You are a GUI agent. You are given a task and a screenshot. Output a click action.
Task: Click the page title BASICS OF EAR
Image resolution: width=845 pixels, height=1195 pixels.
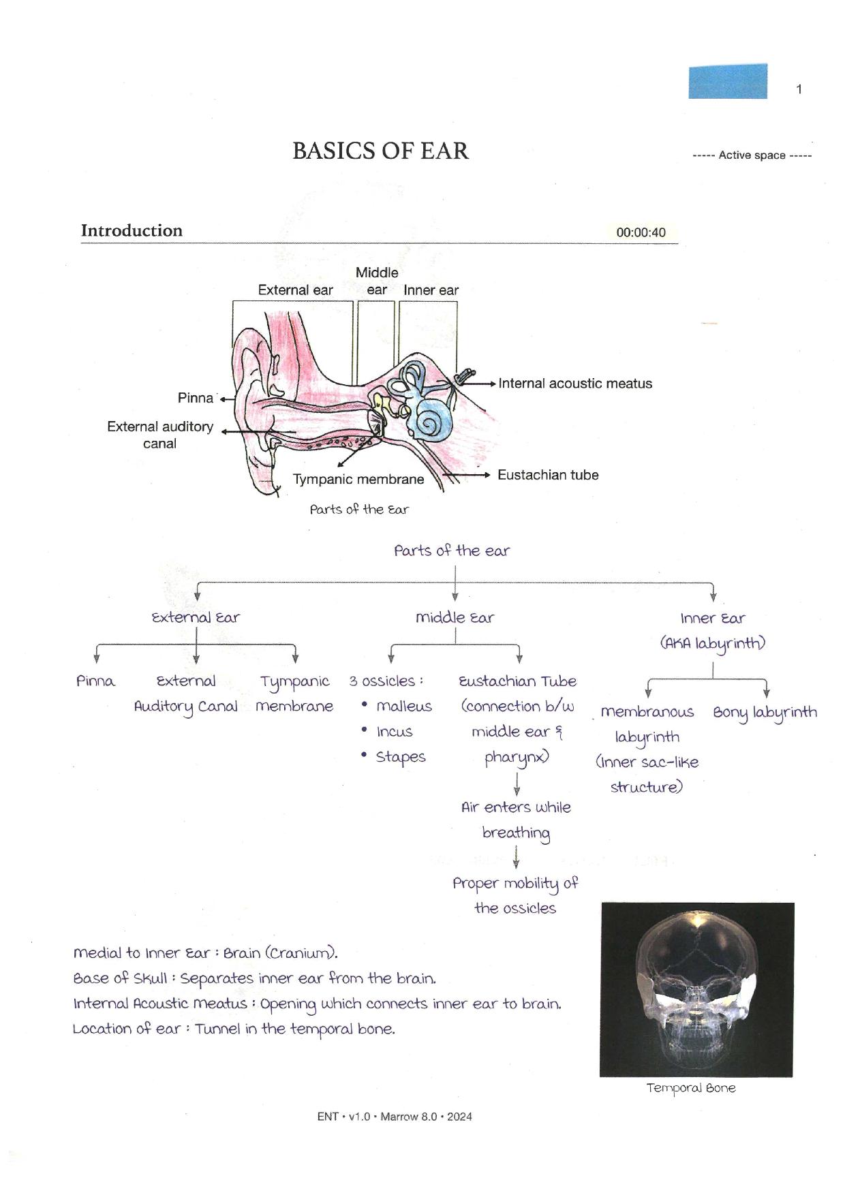pyautogui.click(x=380, y=151)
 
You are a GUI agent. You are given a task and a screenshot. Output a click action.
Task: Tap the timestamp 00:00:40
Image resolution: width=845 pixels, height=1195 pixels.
pyautogui.click(x=641, y=232)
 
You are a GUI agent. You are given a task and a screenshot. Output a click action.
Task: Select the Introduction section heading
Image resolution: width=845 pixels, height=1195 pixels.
pyautogui.click(x=132, y=230)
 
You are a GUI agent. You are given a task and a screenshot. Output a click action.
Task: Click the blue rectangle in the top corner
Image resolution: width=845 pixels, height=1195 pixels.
pyautogui.click(x=728, y=81)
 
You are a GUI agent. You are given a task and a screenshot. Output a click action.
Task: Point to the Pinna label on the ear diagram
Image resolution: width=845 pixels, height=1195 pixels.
pyautogui.click(x=196, y=398)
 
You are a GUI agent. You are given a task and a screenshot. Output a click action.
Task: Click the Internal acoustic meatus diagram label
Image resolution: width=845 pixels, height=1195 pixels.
pyautogui.click(x=575, y=384)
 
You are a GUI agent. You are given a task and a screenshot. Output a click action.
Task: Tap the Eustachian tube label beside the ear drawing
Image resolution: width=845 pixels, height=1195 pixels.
pyautogui.click(x=548, y=475)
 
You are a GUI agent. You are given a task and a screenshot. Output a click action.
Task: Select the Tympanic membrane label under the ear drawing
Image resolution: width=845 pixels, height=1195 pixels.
pyautogui.click(x=358, y=479)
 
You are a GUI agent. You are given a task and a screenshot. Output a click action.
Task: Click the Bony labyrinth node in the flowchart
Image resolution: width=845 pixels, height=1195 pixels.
pyautogui.click(x=765, y=713)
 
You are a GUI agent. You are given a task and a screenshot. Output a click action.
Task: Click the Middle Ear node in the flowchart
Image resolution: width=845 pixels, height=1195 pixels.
pyautogui.click(x=455, y=617)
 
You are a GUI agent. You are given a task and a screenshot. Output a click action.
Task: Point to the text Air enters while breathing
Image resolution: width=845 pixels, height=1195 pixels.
pyautogui.click(x=516, y=820)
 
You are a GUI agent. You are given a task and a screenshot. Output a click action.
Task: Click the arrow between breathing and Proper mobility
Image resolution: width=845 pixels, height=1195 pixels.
pyautogui.click(x=516, y=856)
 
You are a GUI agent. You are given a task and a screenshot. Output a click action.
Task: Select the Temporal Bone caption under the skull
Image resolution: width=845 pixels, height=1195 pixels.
pyautogui.click(x=691, y=1088)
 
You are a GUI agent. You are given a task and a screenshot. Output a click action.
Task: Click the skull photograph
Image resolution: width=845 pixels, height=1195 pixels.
pyautogui.click(x=697, y=989)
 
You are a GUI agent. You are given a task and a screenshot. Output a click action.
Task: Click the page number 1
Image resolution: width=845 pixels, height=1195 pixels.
pyautogui.click(x=799, y=89)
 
